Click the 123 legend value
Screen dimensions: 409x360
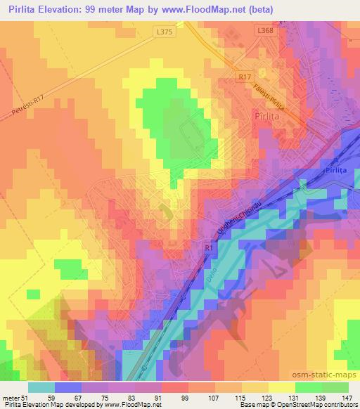(x=266, y=398)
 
